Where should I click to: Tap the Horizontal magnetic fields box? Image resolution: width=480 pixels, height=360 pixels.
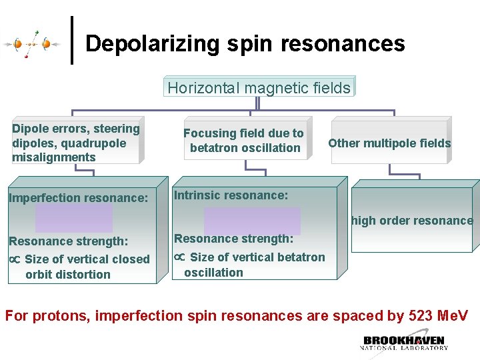click(259, 87)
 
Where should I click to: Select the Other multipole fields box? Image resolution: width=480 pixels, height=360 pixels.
click(389, 143)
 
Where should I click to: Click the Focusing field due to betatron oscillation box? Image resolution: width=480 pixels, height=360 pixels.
click(243, 141)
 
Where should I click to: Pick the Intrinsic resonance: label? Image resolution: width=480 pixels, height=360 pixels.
click(231, 195)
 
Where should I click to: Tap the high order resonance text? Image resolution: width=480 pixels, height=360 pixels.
click(412, 221)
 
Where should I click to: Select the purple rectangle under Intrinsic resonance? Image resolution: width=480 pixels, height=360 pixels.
click(252, 221)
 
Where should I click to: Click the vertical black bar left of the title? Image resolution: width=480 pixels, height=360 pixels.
click(72, 40)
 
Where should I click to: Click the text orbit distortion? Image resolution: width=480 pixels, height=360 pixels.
click(68, 274)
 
